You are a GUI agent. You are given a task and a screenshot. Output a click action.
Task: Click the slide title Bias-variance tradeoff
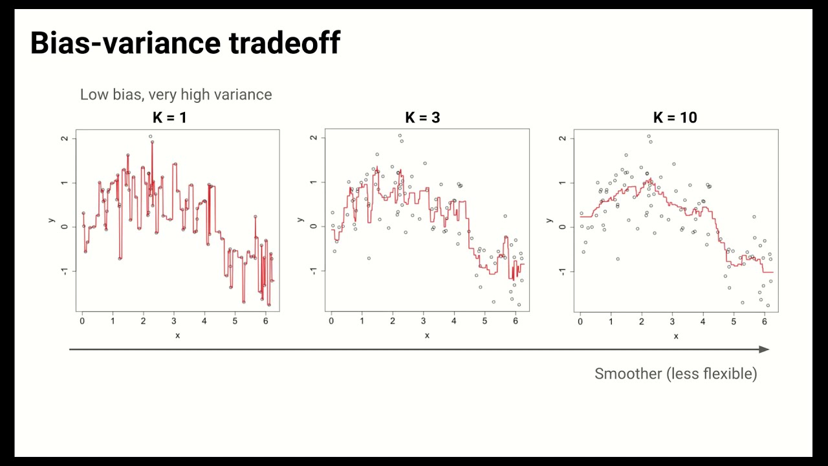pos(185,43)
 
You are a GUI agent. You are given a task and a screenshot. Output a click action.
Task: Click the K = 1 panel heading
pos(170,118)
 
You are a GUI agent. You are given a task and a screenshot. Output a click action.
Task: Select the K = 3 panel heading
pos(422,118)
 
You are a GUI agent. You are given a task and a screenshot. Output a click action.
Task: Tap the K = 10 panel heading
pos(675,118)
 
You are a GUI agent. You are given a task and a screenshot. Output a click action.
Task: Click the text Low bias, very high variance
pos(176,94)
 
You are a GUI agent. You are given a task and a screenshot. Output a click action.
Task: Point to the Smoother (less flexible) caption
pos(675,373)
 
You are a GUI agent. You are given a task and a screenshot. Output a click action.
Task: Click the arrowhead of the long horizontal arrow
pos(765,349)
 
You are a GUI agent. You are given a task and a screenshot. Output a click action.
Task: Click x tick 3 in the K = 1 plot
pos(174,321)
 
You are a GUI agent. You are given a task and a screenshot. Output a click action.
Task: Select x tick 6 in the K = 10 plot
pos(765,321)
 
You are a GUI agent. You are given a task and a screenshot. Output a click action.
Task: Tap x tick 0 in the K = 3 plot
pos(331,321)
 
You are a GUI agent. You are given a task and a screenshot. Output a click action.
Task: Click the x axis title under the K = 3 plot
pos(427,335)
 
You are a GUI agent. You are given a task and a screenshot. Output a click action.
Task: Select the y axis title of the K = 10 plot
pos(549,221)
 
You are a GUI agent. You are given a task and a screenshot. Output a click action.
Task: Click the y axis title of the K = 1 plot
pos(51,221)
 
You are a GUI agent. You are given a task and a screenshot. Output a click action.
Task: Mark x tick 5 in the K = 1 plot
pos(235,321)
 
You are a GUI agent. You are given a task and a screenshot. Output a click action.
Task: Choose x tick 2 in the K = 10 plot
pos(642,321)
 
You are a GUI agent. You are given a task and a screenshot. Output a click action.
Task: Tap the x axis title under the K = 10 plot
pos(676,335)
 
